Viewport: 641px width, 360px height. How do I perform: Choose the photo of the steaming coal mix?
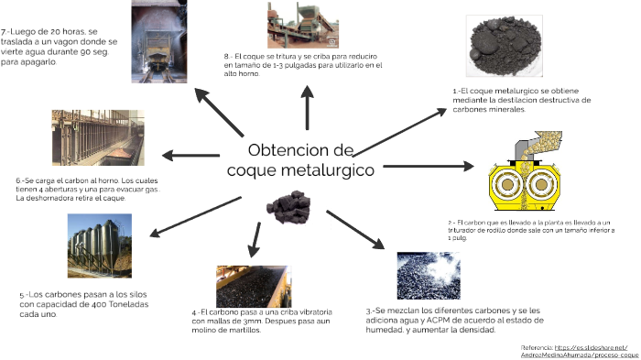click(x=429, y=276)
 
